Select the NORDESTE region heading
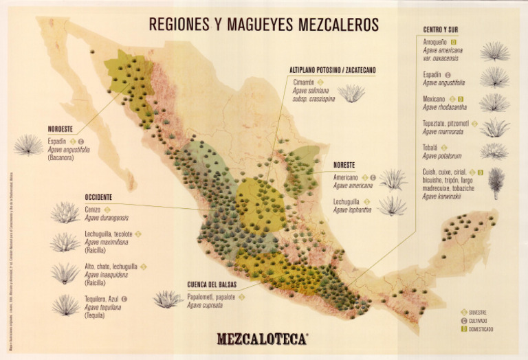click(61, 128)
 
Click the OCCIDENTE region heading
click(99, 196)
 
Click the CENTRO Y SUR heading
click(441, 30)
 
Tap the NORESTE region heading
click(344, 165)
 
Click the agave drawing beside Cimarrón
click(352, 93)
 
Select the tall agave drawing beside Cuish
click(496, 183)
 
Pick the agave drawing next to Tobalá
click(494, 150)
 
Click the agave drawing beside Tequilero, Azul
click(65, 304)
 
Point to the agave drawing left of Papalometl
click(168, 299)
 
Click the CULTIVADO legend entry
click(478, 321)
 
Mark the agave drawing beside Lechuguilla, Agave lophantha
click(393, 205)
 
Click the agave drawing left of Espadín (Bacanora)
click(28, 145)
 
